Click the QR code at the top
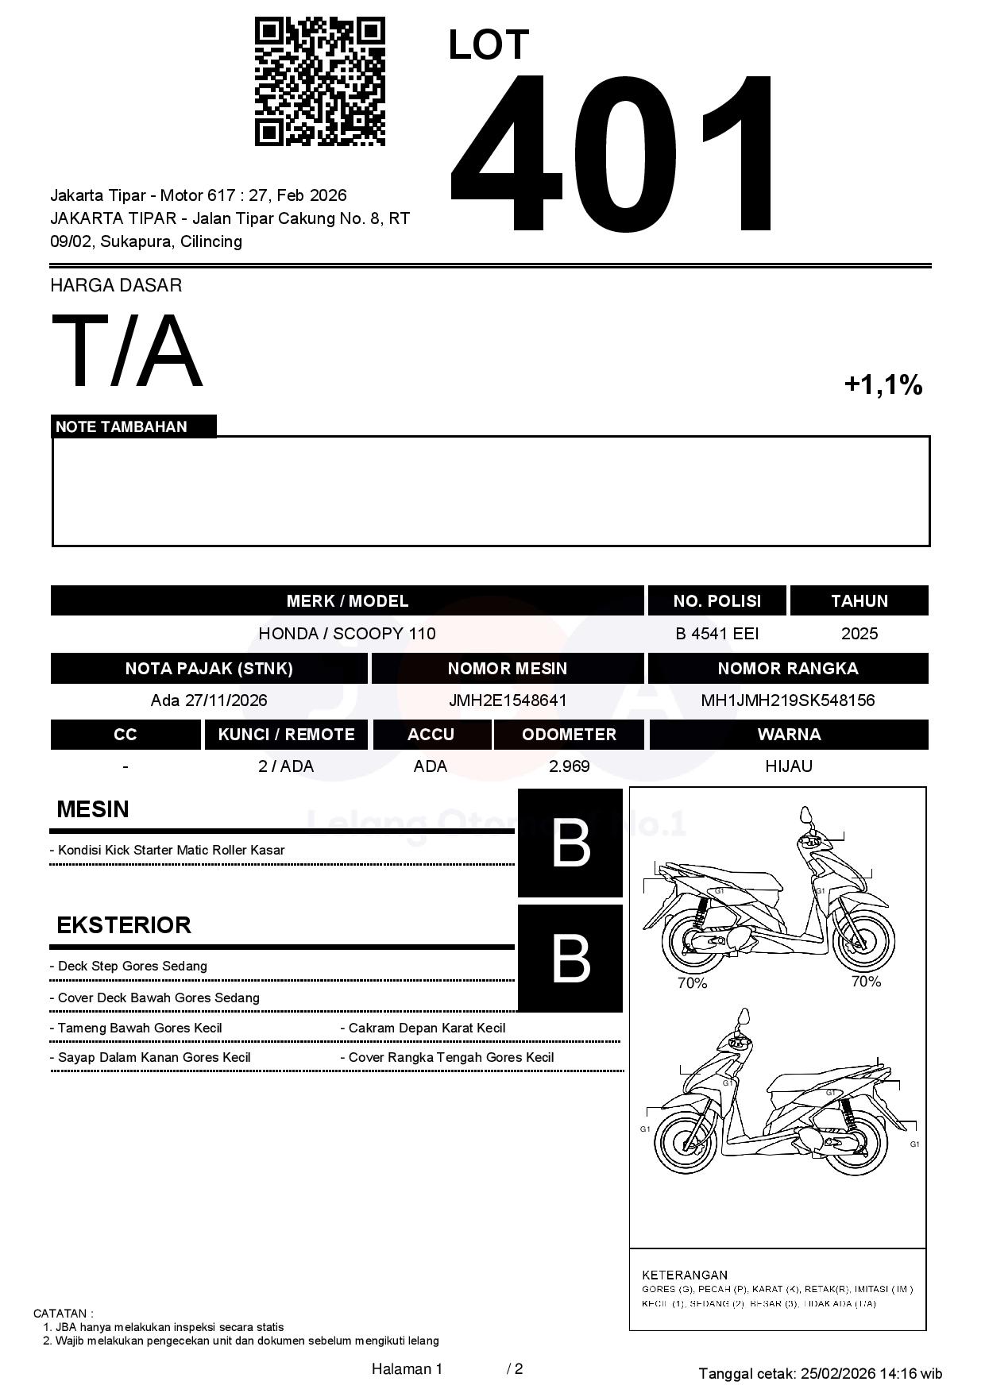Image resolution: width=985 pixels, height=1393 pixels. pos(319,82)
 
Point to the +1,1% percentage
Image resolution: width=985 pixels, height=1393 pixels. pos(883,385)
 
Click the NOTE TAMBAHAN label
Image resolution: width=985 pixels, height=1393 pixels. pos(122,426)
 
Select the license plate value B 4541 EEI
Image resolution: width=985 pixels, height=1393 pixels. pos(717,634)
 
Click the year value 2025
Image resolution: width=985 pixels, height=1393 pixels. pos(859,634)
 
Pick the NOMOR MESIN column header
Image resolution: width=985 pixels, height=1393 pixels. pos(507,669)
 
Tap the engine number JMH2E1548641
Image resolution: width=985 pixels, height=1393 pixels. pos(508,700)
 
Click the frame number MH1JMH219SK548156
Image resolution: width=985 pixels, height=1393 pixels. pos(787,700)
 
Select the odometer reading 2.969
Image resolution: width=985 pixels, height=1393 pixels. pos(569,766)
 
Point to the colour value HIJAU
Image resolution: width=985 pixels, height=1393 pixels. pos(788,766)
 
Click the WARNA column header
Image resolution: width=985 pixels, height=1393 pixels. pos(788,735)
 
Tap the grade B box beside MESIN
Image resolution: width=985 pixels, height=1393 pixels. pos(570,843)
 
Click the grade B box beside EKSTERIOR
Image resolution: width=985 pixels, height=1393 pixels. pos(570,958)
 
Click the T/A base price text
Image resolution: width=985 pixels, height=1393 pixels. pos(127,350)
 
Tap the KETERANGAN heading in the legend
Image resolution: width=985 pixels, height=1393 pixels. pos(684,1275)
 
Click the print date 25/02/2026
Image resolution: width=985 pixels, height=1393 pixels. pos(837,1373)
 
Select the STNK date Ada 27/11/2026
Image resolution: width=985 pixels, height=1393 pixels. pos(209,700)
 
